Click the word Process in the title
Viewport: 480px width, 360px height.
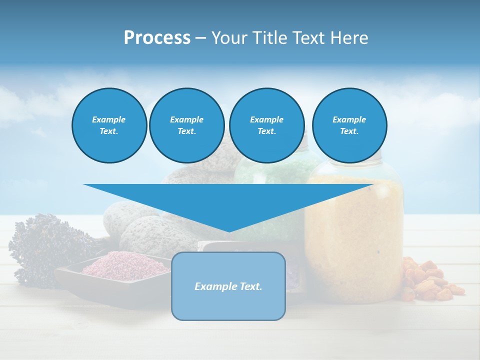click(x=157, y=38)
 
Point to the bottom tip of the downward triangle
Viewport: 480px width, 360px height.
click(x=229, y=231)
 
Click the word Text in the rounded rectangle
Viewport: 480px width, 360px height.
click(x=249, y=286)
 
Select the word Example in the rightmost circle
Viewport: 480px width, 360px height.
click(x=349, y=119)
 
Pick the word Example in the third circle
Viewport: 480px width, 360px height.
click(x=266, y=119)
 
